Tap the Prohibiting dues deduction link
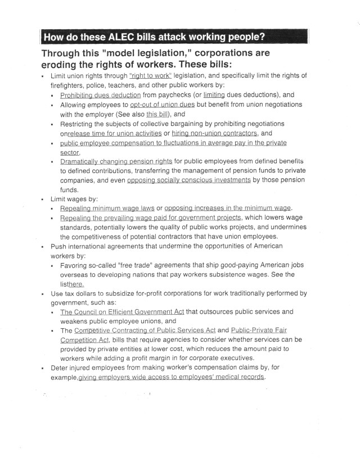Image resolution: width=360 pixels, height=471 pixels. point(100,95)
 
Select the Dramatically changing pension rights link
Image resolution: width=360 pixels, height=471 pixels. point(112,162)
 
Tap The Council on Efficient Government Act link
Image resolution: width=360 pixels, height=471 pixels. point(122,311)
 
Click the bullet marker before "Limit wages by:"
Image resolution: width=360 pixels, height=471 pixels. point(43,200)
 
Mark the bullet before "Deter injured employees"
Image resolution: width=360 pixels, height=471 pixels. point(43,368)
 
